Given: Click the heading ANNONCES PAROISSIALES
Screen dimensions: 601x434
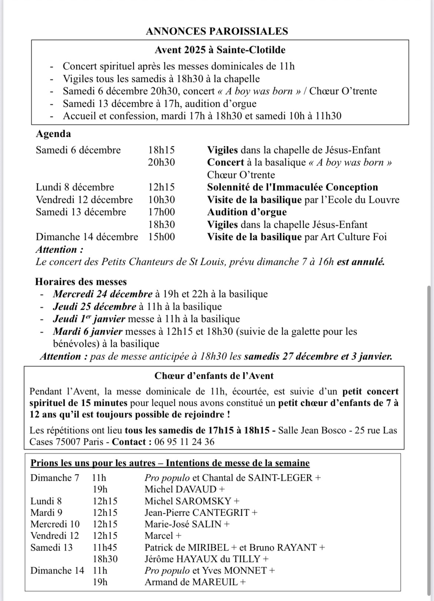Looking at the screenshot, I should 217,31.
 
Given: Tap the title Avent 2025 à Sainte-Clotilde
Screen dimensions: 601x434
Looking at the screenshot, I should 220,50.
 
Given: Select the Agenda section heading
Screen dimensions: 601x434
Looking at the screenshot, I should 53,134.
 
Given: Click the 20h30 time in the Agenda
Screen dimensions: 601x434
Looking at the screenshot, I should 161,162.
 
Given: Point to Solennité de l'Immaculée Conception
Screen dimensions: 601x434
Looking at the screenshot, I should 292,187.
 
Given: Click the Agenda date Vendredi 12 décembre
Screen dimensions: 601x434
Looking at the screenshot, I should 84,200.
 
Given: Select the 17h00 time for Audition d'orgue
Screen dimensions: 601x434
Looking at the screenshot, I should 161,212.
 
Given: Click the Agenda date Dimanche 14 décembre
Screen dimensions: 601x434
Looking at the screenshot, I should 87,237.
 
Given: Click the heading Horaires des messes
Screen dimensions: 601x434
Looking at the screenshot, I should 81,282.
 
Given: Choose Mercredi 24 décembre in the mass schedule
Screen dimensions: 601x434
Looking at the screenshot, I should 103,294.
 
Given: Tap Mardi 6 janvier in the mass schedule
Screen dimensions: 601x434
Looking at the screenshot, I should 88,331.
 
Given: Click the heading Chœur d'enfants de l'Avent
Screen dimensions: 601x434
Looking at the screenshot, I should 214,376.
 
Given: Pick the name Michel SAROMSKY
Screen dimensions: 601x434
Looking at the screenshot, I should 188,501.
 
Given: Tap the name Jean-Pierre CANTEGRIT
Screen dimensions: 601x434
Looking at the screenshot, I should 197,513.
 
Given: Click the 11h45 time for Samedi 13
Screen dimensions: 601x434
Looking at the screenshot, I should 105,548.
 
